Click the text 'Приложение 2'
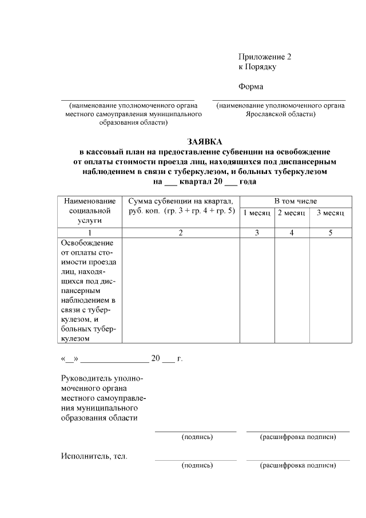click(x=264, y=57)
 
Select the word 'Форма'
click(x=250, y=87)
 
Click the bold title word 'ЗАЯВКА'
click(x=204, y=141)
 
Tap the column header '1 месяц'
click(x=257, y=213)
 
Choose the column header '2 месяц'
click(x=292, y=213)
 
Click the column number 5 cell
click(x=330, y=232)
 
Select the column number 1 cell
click(x=90, y=232)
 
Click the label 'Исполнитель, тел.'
click(x=94, y=456)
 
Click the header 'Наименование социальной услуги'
click(x=90, y=211)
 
